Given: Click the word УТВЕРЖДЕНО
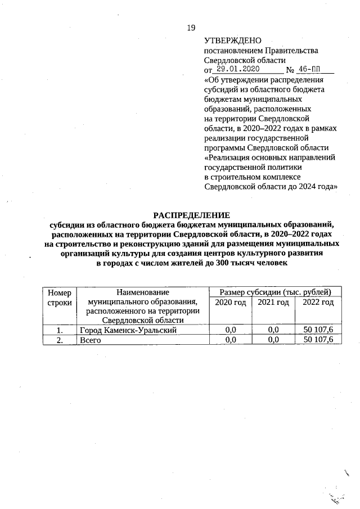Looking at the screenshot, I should coord(233,40).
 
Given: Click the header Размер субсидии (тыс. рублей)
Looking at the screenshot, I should coord(274,292).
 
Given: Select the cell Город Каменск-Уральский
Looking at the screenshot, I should coord(128,330).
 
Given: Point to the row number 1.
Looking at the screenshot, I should coord(60,330).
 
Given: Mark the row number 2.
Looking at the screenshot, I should coord(60,340).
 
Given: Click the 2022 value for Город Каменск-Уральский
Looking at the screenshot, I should coord(318,330).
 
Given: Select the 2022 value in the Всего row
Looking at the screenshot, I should coord(318,340).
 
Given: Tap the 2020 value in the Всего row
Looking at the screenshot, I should coord(231,340).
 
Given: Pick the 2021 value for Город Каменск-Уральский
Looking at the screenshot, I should coord(274,330).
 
